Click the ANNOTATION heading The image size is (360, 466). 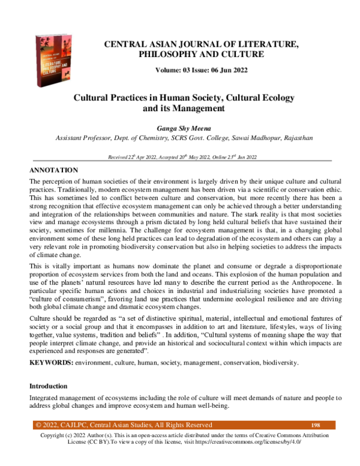coord(54,171)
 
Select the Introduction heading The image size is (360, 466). coord(49,385)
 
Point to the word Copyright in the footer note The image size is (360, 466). coord(53,435)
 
